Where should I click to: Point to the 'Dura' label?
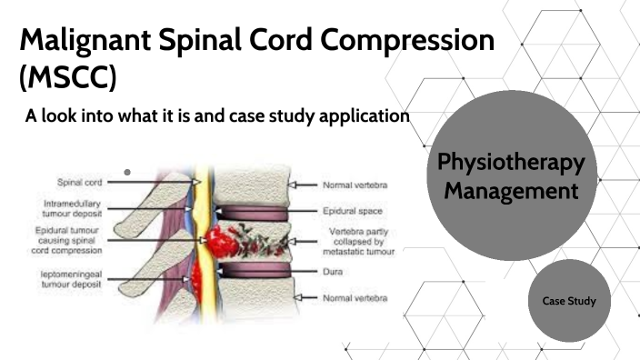click(x=333, y=270)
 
